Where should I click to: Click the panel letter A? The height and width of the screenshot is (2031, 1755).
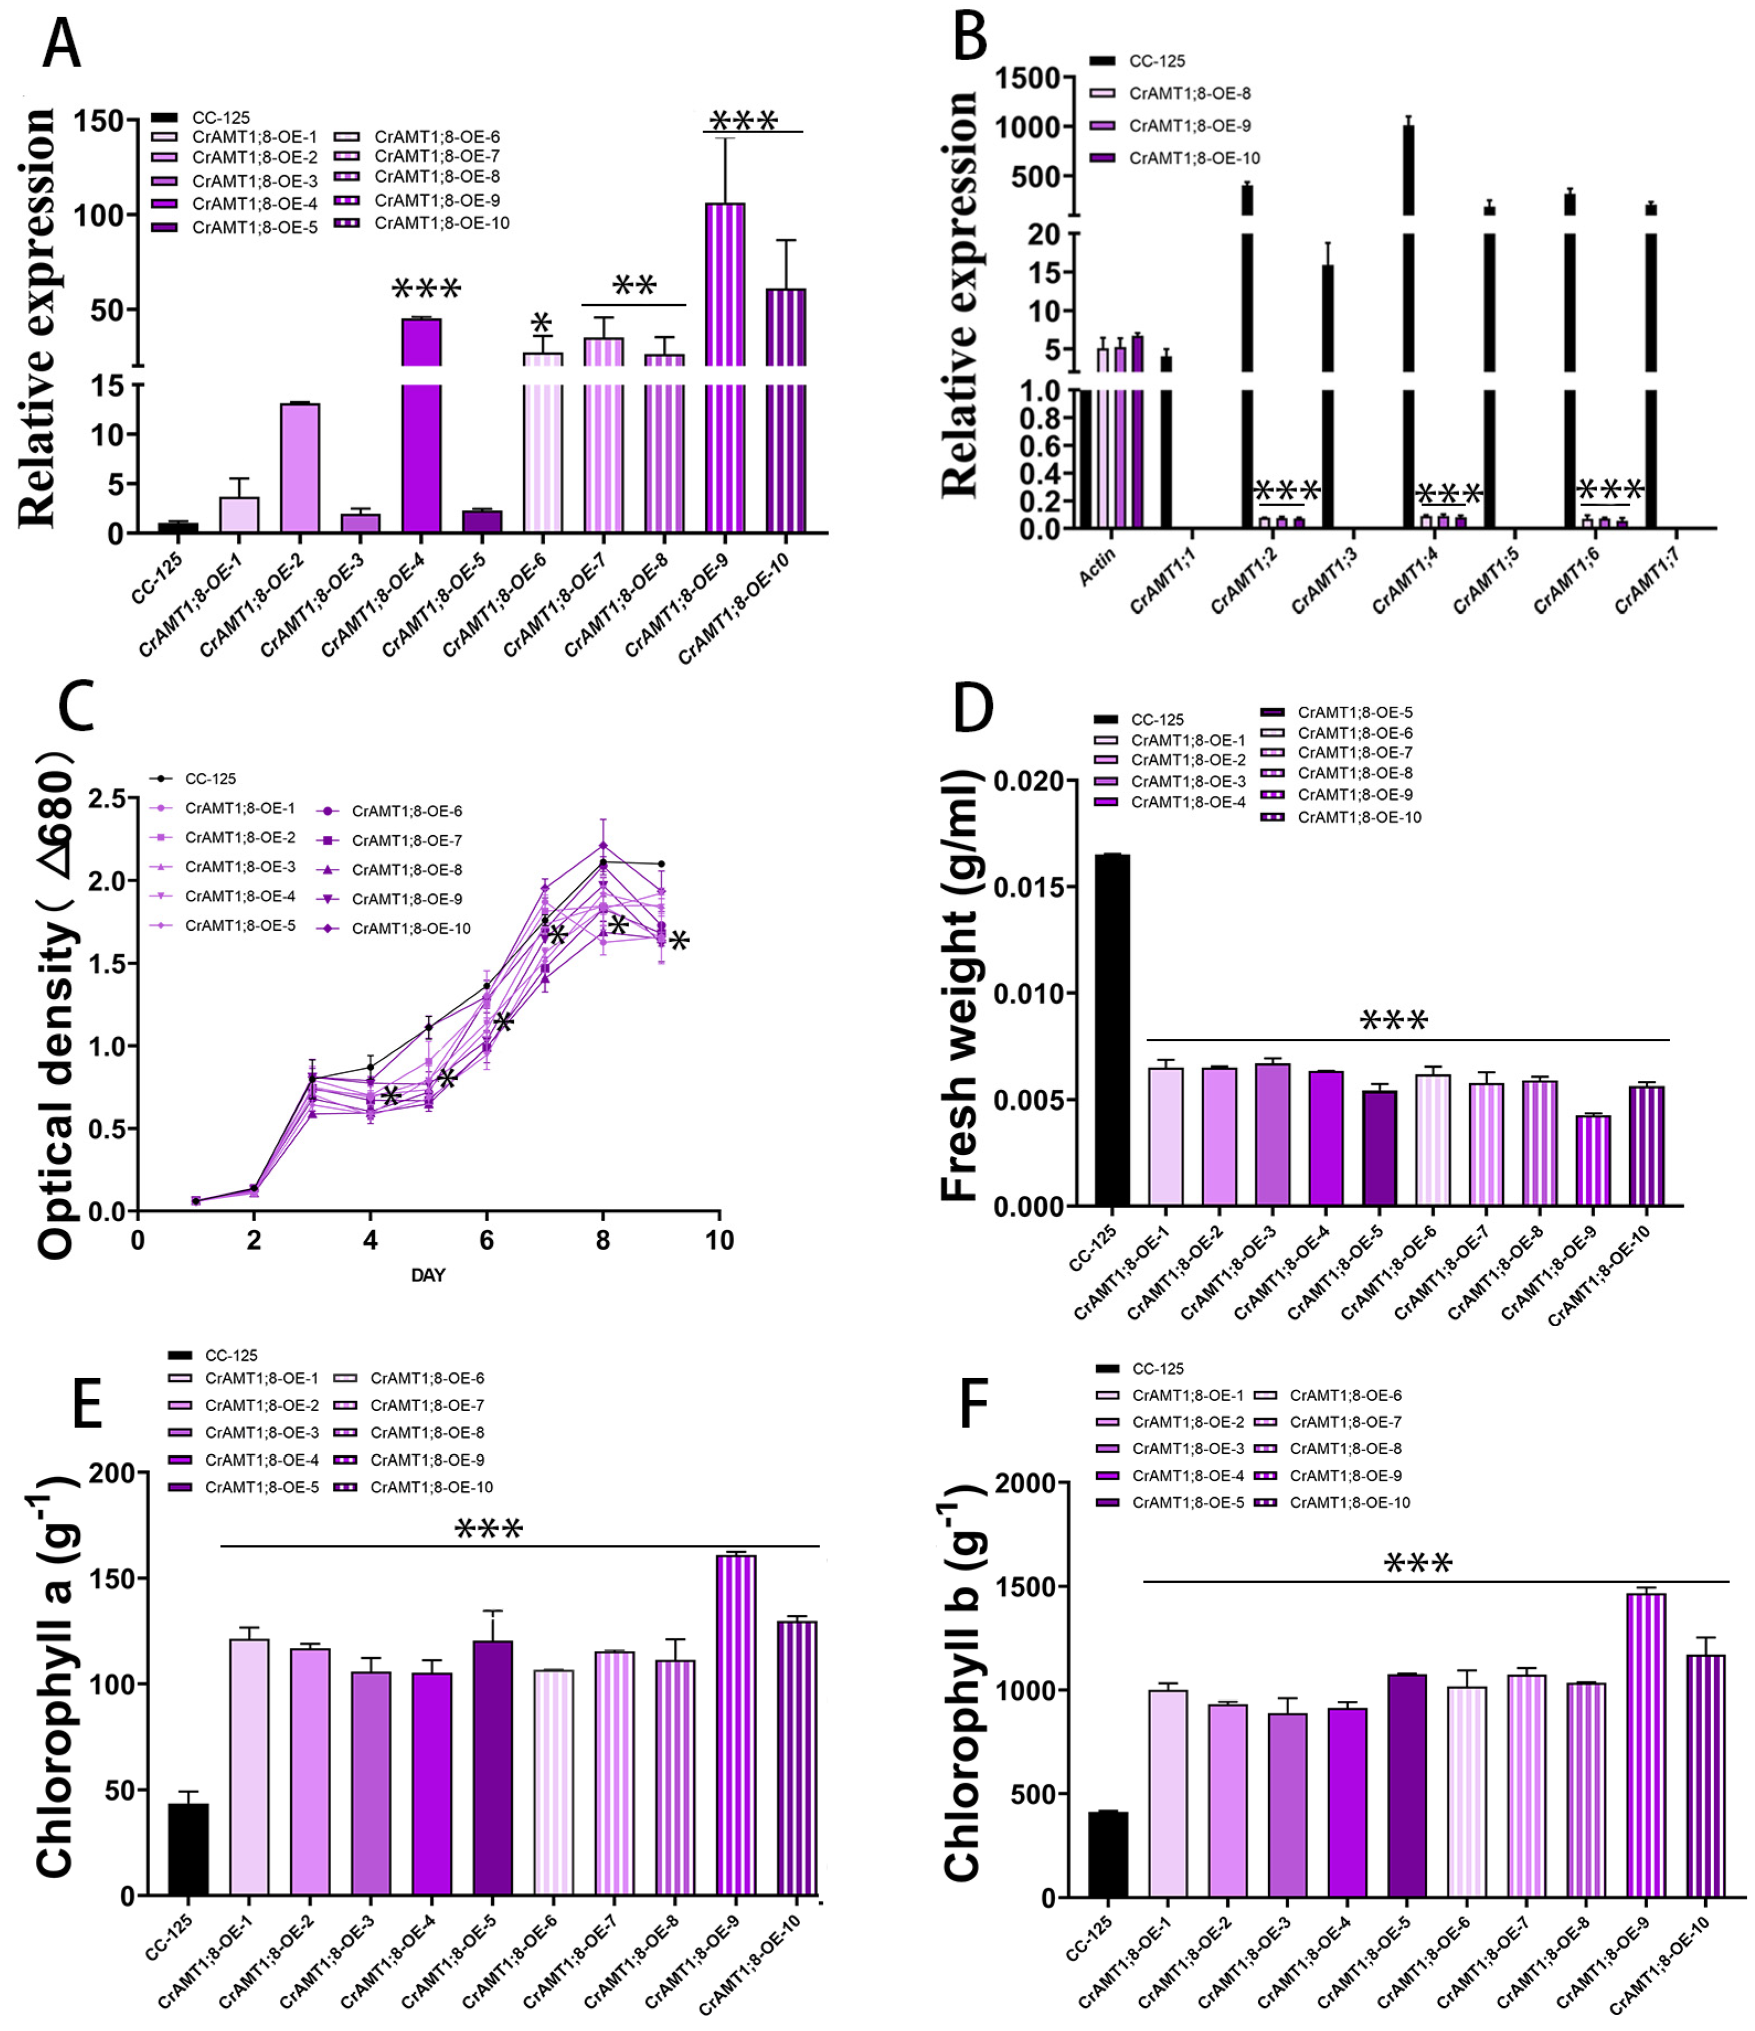(x=61, y=44)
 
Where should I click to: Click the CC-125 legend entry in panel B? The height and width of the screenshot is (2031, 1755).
(x=1156, y=61)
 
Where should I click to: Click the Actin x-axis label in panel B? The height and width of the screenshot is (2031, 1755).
(x=1098, y=566)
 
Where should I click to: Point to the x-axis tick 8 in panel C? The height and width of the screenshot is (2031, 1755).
(x=603, y=1240)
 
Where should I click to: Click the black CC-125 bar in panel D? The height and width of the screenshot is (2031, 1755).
(x=1112, y=1029)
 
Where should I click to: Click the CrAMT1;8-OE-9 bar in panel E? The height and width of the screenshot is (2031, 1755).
(x=736, y=1725)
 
